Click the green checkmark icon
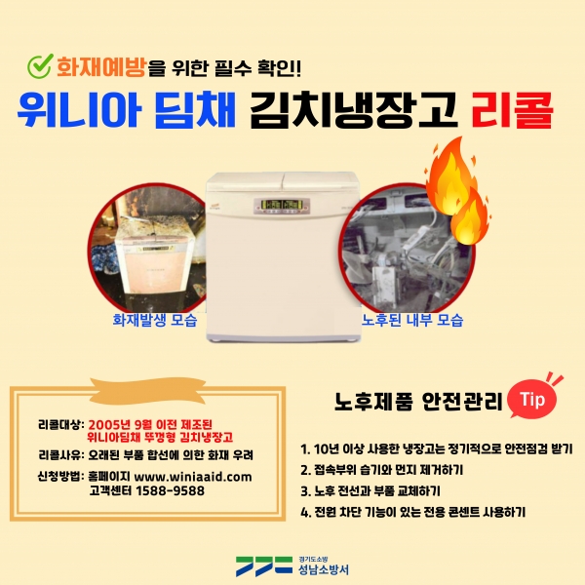pyautogui.click(x=39, y=66)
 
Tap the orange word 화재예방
pyautogui.click(x=100, y=67)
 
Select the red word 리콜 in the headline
pyautogui.click(x=512, y=110)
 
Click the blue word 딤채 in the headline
pyautogui.click(x=195, y=110)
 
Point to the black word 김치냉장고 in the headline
pyautogui.click(x=354, y=110)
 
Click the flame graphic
pyautogui.click(x=457, y=191)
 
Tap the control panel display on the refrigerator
pyautogui.click(x=283, y=207)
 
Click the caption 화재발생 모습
pyautogui.click(x=155, y=320)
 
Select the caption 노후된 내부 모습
pyautogui.click(x=412, y=320)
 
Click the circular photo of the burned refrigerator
pyautogui.click(x=147, y=248)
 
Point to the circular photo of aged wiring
pyautogui.click(x=407, y=248)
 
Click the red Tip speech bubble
pyautogui.click(x=533, y=399)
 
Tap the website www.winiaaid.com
pyautogui.click(x=193, y=477)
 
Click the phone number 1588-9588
pyautogui.click(x=170, y=490)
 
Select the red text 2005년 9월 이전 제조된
pyautogui.click(x=150, y=424)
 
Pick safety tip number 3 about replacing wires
pyautogui.click(x=370, y=491)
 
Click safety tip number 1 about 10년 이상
pyautogui.click(x=437, y=448)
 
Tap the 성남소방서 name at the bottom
pyautogui.click(x=324, y=569)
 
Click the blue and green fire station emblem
pyautogui.click(x=264, y=566)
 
